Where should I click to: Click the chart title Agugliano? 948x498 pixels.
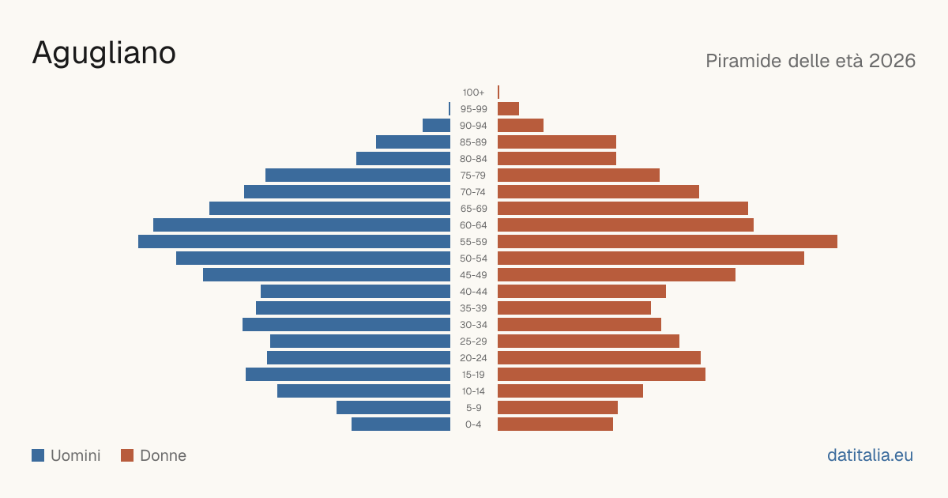(103, 54)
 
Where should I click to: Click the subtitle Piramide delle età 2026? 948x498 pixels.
(811, 61)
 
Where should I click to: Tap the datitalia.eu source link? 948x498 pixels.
(870, 455)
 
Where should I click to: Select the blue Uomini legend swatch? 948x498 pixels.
(38, 455)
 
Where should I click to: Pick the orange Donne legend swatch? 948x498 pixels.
(127, 455)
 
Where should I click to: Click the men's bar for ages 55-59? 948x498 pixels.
(294, 241)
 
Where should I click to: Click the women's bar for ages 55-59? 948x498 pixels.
(668, 241)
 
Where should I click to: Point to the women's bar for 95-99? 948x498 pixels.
(508, 109)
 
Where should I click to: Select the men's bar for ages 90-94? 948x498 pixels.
(436, 126)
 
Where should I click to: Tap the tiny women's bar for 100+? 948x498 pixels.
(498, 92)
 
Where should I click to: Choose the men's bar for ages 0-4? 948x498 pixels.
(401, 424)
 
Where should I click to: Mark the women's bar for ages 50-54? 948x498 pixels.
(651, 258)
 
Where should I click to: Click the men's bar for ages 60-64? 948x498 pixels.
(302, 224)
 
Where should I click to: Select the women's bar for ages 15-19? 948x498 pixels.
(601, 375)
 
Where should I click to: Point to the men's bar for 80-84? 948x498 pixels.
(404, 158)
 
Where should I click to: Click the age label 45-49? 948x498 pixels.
(473, 275)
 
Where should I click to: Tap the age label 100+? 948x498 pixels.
(473, 92)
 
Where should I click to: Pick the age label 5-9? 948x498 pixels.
(473, 408)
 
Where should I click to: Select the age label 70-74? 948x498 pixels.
(473, 192)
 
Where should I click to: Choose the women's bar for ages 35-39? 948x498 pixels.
(574, 307)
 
